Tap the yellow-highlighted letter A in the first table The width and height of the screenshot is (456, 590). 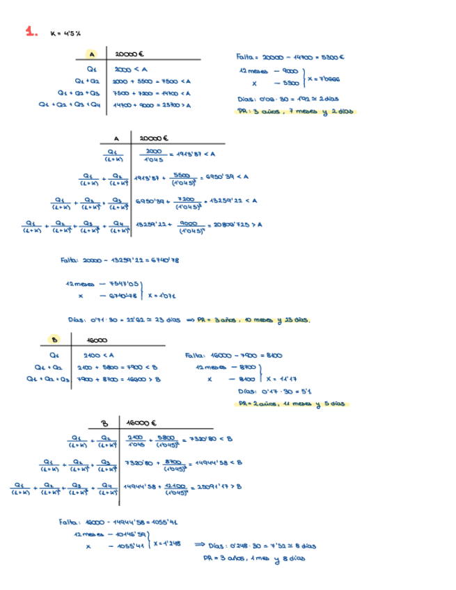click(x=91, y=54)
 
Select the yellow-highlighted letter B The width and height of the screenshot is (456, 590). click(x=53, y=340)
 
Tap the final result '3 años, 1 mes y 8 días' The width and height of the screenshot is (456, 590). click(x=254, y=557)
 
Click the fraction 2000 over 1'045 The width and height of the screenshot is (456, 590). click(x=154, y=154)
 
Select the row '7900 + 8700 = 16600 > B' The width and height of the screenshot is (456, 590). click(x=119, y=379)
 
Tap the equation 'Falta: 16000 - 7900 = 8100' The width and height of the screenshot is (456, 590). click(x=234, y=356)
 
